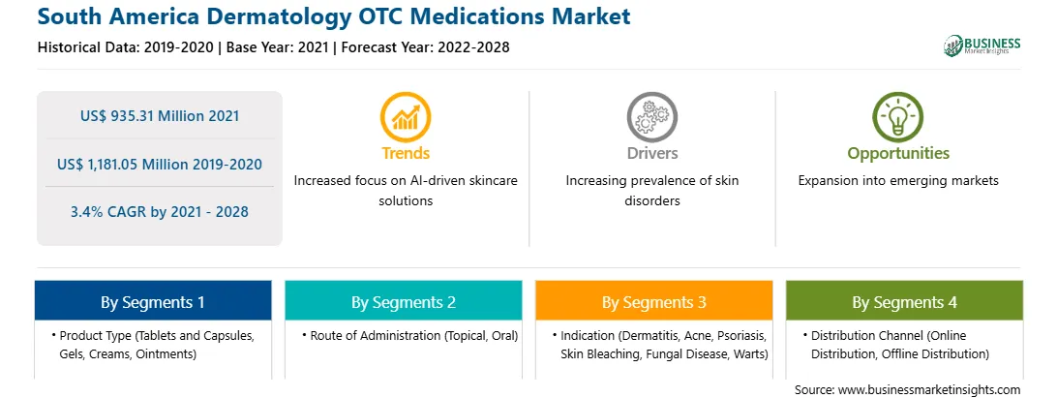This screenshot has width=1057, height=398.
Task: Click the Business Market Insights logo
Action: tap(981, 46)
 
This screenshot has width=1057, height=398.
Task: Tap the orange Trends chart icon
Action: tap(406, 116)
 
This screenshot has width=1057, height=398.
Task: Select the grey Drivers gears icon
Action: tap(651, 116)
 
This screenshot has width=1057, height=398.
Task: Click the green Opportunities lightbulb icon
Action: tap(898, 116)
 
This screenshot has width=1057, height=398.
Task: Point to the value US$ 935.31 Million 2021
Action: tap(160, 116)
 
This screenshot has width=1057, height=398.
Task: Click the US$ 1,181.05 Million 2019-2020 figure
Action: tap(160, 164)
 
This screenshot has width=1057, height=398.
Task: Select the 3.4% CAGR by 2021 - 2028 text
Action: tap(160, 212)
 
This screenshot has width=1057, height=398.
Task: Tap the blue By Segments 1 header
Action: tap(153, 301)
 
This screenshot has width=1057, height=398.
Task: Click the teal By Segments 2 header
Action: tap(403, 301)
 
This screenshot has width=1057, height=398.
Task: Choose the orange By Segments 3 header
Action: tap(654, 301)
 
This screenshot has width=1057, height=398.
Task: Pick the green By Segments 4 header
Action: tap(905, 301)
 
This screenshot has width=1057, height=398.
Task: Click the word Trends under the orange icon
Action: tap(406, 153)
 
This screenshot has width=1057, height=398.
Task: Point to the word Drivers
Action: tap(652, 153)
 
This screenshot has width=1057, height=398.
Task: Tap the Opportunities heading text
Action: tap(898, 154)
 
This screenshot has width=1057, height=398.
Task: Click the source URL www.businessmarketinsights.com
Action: tap(930, 390)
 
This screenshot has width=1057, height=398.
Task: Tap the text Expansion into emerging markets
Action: tap(898, 181)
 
